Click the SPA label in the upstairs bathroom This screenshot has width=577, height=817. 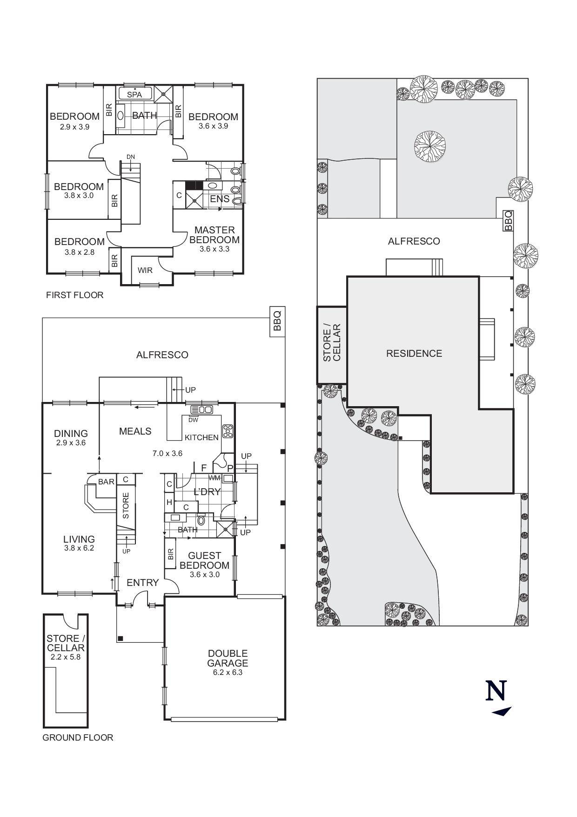134,95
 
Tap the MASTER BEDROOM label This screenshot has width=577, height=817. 215,235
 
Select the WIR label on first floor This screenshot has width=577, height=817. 145,270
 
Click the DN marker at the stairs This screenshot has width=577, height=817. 131,157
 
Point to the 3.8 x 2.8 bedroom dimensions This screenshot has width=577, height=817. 80,252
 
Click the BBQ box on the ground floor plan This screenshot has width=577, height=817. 277,321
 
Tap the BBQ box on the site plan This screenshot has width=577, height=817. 508,220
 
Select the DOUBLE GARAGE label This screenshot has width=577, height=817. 228,658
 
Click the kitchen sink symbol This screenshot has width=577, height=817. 201,409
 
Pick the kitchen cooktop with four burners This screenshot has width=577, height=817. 228,431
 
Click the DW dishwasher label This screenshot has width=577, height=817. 193,420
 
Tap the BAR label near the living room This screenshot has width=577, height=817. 106,482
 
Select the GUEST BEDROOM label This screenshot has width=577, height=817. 204,560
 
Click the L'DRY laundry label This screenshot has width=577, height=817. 207,492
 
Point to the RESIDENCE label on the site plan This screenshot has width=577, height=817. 414,354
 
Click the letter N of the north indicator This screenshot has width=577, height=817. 496,691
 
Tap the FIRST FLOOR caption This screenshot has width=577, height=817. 74,295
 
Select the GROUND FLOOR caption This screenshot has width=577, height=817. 78,737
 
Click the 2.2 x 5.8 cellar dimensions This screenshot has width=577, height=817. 65,657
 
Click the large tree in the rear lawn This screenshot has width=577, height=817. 429,146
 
